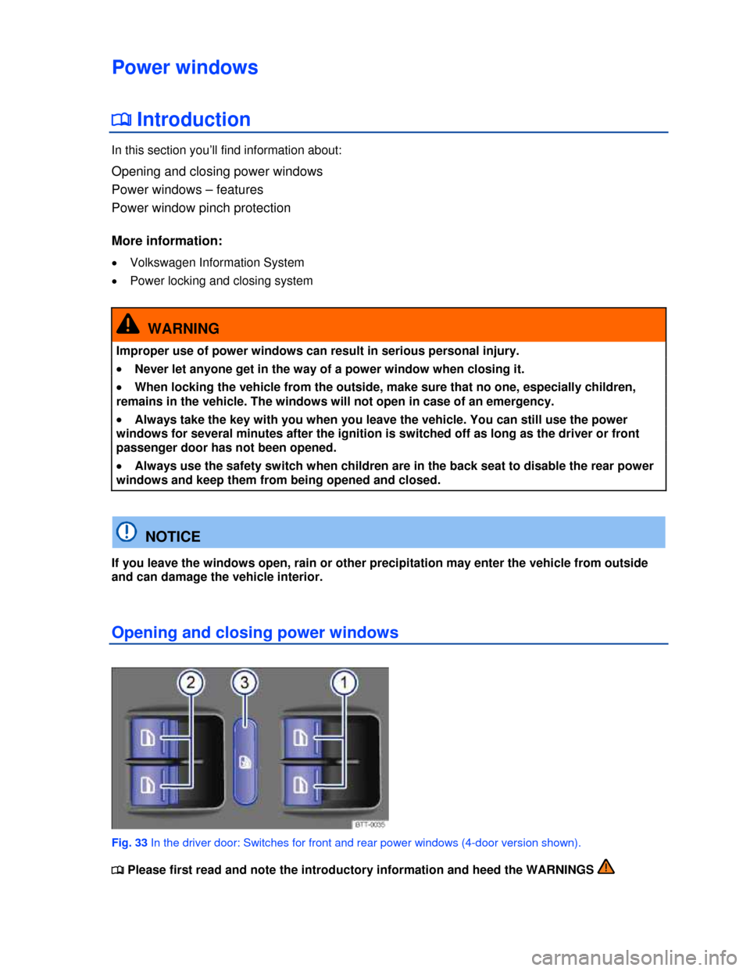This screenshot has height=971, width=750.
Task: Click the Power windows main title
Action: [185, 67]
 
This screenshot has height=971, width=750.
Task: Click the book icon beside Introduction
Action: [121, 120]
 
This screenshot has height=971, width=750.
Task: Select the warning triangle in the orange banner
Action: [127, 324]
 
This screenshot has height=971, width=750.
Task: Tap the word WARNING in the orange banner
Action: [184, 328]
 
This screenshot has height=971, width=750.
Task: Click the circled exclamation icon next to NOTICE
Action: [127, 532]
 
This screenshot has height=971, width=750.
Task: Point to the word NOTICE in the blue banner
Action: [173, 536]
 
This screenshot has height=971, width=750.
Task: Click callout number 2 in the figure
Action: [191, 683]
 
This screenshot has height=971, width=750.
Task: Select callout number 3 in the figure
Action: [245, 683]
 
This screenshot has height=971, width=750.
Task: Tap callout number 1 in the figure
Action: [344, 683]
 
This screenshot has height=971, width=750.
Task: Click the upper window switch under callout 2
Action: [153, 738]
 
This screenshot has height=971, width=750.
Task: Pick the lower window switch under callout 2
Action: [153, 785]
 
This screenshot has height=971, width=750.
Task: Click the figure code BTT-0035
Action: [370, 825]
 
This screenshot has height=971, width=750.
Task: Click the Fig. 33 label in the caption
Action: [130, 843]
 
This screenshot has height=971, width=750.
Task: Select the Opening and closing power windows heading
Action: [255, 632]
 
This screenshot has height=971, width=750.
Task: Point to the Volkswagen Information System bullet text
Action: [217, 263]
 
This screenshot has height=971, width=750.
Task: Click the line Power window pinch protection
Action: [201, 208]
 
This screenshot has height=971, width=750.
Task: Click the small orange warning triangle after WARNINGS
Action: [605, 867]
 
